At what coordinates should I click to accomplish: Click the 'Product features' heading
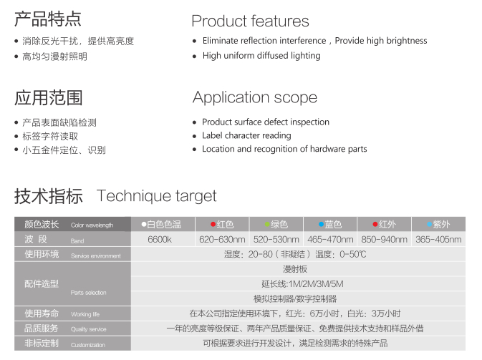(250, 21)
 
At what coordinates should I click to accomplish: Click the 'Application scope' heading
(255, 98)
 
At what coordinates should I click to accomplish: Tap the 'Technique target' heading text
(156, 196)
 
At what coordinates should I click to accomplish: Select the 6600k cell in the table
(160, 239)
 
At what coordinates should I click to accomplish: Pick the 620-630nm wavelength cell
(222, 239)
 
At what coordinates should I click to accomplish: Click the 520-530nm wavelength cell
(276, 239)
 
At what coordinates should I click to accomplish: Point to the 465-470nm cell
(330, 239)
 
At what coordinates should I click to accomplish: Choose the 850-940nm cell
(385, 239)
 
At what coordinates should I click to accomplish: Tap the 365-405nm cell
(438, 239)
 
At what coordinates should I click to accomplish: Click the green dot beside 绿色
(267, 225)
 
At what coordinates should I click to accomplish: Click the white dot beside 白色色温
(143, 224)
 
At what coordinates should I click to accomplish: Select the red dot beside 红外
(375, 224)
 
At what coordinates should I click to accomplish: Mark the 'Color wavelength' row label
(92, 225)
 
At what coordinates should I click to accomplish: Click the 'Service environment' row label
(95, 256)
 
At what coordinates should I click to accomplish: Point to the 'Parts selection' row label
(89, 293)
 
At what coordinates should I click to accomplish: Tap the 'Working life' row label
(85, 314)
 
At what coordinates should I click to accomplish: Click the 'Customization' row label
(88, 345)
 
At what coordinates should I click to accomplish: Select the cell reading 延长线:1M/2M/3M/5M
(302, 284)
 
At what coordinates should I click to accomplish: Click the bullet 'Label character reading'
(246, 135)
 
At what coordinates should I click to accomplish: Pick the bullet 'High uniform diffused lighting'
(261, 56)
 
